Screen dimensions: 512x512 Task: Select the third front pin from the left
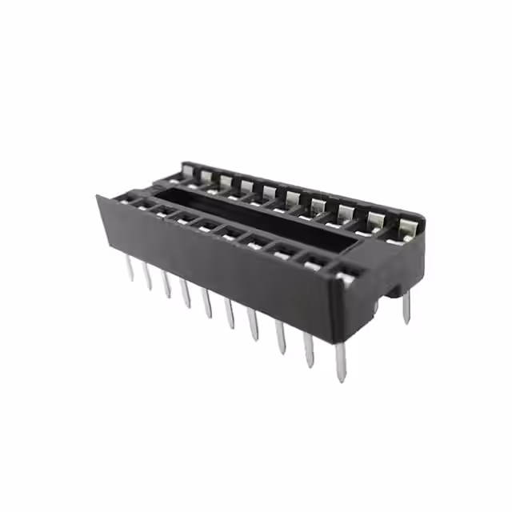(166, 285)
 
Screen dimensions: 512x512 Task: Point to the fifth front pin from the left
(207, 304)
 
